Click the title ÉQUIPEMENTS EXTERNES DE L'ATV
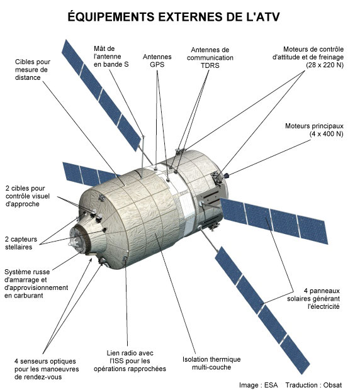[174, 17]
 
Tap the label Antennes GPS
[157, 60]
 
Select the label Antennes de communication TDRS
[210, 57]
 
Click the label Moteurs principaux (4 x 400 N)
[314, 130]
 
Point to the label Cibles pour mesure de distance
[33, 69]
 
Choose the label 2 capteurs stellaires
[21, 243]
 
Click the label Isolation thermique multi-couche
[211, 363]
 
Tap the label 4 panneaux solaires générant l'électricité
[313, 298]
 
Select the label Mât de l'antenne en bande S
[111, 57]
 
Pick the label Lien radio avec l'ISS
[130, 360]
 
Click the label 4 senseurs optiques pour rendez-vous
[47, 369]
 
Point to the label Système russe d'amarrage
[36, 284]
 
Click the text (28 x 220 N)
[325, 65]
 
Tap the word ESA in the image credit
[271, 385]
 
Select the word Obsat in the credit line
[332, 385]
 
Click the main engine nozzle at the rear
[226, 175]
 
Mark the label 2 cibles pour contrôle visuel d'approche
[27, 196]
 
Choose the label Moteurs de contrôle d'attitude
[308, 53]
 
